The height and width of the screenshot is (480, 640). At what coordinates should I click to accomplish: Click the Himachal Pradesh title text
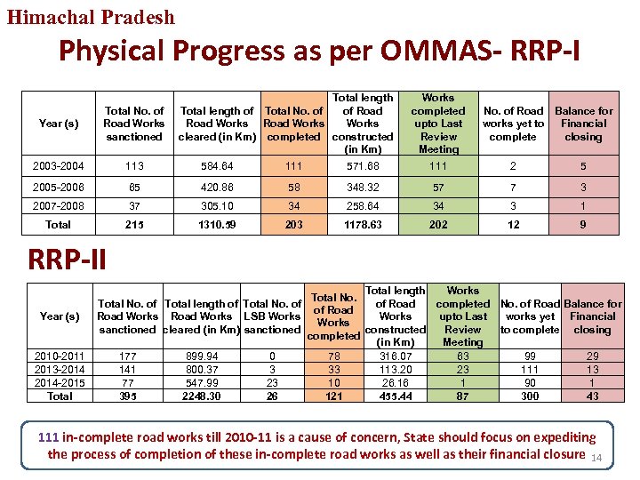click(x=92, y=16)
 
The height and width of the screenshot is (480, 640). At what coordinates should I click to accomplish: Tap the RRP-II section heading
click(x=67, y=260)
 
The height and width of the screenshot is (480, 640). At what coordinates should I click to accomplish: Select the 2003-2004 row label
click(x=59, y=165)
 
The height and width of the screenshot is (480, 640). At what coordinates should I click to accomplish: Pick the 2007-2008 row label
click(x=59, y=205)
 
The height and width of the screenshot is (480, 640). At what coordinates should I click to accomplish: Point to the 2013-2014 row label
click(x=60, y=370)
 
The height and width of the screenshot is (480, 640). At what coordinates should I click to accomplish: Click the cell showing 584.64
click(x=217, y=165)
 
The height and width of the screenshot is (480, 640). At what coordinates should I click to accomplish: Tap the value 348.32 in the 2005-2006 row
click(x=363, y=186)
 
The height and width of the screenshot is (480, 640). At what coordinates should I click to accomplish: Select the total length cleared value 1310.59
click(x=217, y=225)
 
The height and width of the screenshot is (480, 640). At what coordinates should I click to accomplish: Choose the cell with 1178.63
click(x=363, y=225)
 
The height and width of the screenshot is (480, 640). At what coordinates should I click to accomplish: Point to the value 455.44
click(x=395, y=396)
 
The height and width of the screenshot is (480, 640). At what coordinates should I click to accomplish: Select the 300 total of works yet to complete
click(x=529, y=396)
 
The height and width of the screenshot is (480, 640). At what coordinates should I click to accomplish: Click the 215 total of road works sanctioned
click(x=134, y=225)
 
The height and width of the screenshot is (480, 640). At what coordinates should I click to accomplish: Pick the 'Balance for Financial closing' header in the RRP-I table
click(x=583, y=124)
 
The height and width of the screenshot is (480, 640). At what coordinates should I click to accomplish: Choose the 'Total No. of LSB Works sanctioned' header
click(x=272, y=316)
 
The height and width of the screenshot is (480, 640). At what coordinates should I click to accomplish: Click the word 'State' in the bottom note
click(x=421, y=437)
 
